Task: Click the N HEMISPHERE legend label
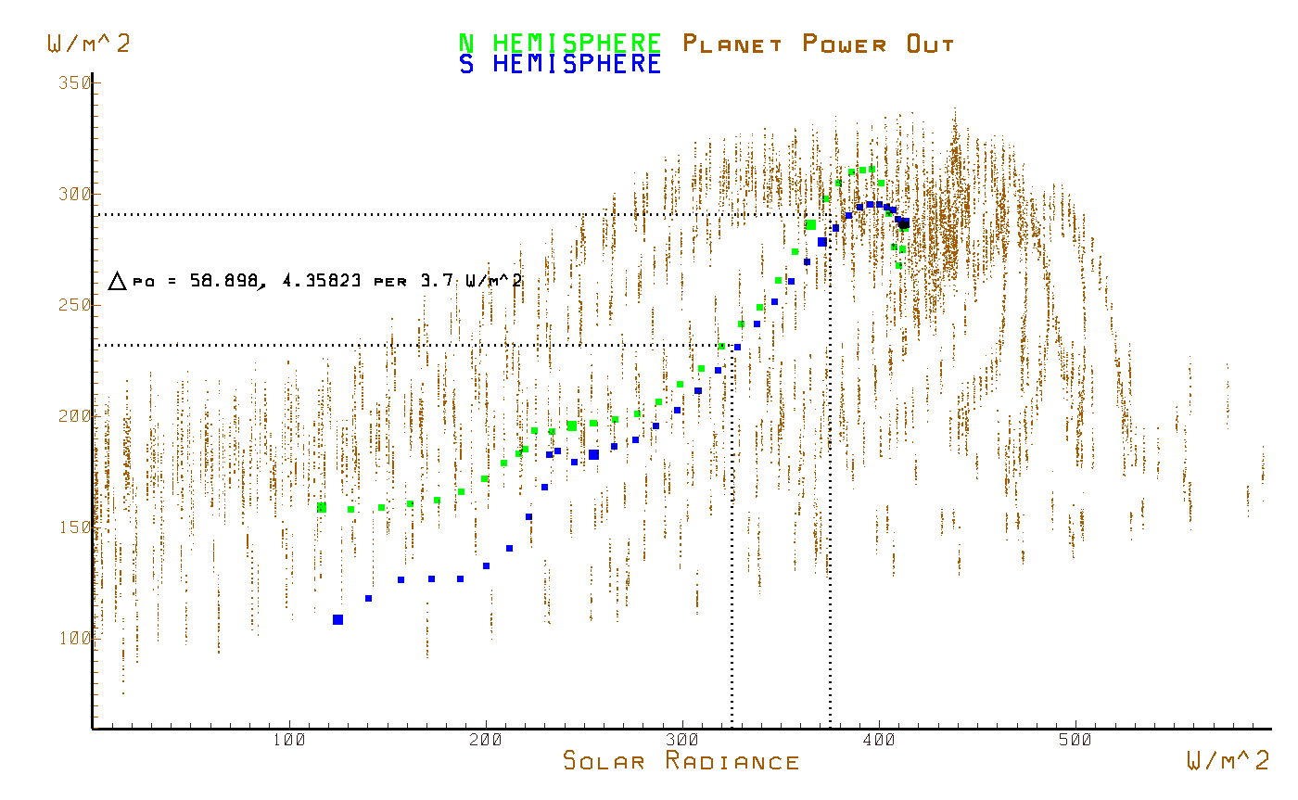(x=560, y=43)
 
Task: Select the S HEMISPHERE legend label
(x=560, y=64)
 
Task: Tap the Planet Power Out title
(x=818, y=44)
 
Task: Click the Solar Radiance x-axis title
(x=681, y=762)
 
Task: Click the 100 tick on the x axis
(x=289, y=742)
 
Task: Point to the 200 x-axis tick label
(x=486, y=742)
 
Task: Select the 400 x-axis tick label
(x=879, y=742)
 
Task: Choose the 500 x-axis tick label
(x=1075, y=742)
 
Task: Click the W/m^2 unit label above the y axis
(x=88, y=43)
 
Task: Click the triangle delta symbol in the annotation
(x=117, y=281)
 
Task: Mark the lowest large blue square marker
(x=337, y=619)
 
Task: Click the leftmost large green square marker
(x=322, y=507)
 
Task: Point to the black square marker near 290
(x=904, y=223)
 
